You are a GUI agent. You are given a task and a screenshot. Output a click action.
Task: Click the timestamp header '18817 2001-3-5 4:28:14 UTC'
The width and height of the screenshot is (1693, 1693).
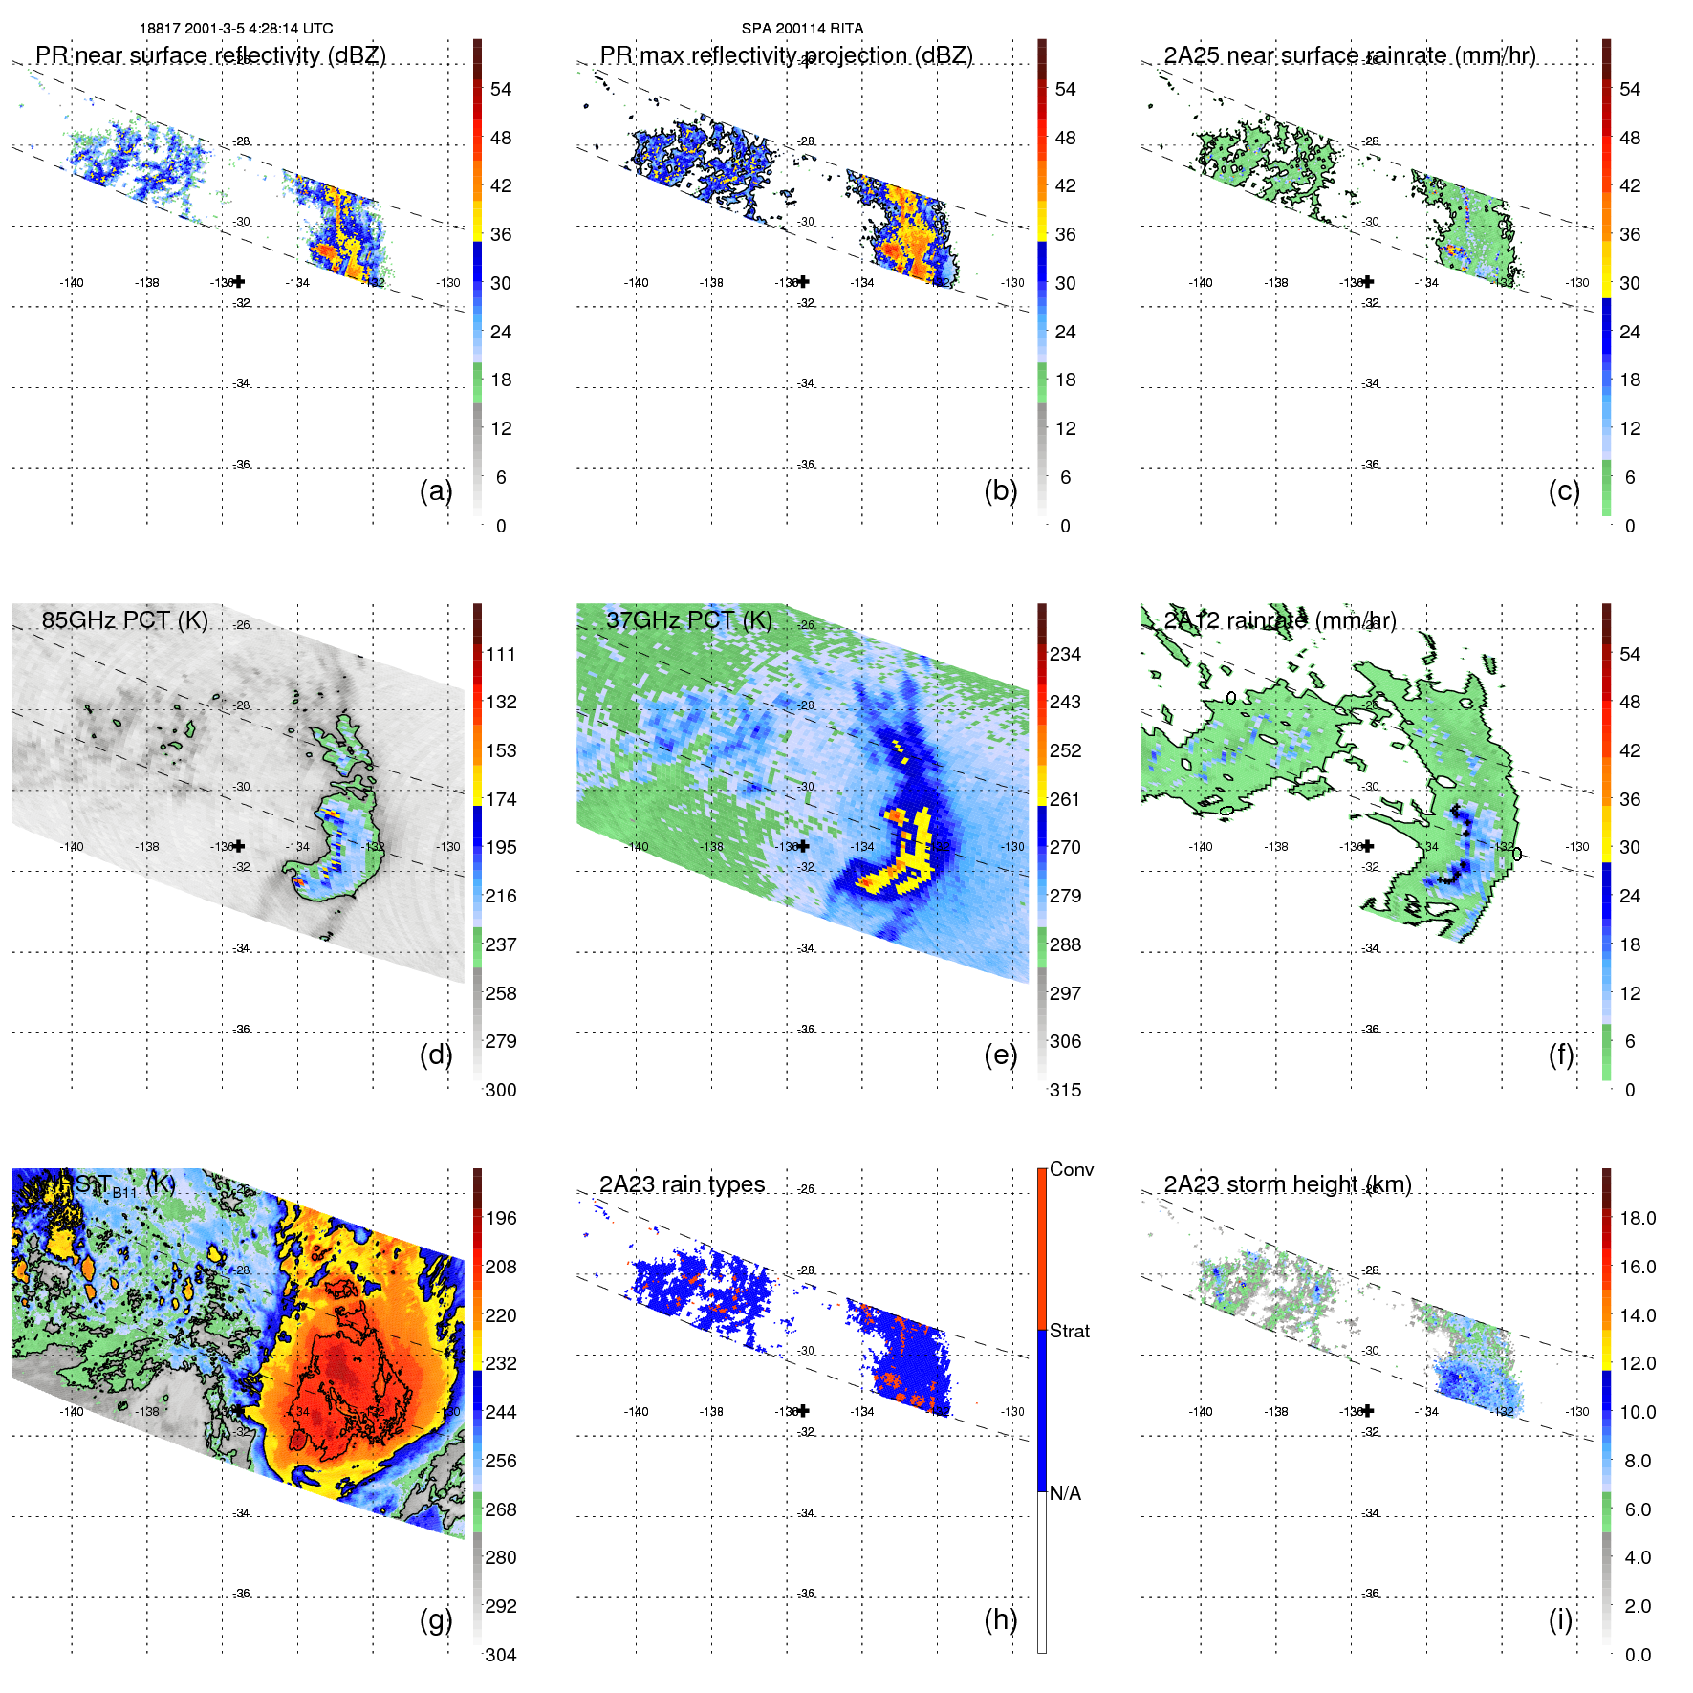coord(236,29)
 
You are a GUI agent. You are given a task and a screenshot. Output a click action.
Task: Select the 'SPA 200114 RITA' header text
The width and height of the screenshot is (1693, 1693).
coord(802,29)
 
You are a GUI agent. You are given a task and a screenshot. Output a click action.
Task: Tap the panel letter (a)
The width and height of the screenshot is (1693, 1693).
coord(436,490)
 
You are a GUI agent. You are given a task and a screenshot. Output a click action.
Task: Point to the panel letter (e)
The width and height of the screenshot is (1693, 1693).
coord(1000,1054)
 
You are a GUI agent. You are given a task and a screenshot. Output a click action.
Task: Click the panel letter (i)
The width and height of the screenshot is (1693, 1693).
coord(1560,1619)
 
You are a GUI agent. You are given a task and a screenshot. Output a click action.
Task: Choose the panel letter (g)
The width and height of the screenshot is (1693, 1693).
coord(436,1619)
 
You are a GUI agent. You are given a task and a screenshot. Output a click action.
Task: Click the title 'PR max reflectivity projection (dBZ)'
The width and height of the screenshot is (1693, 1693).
coord(786,55)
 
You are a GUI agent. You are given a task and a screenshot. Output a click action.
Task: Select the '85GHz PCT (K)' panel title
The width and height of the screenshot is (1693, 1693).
coord(124,619)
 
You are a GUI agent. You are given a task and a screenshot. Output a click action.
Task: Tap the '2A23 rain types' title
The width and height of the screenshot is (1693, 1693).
coord(682,1184)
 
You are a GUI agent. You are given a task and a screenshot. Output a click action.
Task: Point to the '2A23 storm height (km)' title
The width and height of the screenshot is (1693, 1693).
coord(1287,1184)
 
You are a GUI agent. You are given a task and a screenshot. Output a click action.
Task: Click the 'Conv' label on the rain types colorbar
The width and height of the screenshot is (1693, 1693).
coord(1071,1169)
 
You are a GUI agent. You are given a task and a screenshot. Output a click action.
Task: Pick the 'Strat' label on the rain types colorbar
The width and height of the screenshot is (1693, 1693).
coord(1069,1331)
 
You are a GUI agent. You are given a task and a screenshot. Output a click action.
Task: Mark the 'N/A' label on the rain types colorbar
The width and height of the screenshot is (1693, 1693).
coord(1065,1493)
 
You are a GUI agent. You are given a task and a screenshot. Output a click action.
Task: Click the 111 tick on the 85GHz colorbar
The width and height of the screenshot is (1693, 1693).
coord(501,654)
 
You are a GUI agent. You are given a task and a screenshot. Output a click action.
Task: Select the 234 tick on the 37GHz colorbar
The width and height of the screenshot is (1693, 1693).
coord(1065,654)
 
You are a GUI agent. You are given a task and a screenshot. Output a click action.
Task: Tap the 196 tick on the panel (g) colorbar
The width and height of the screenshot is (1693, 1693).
coord(501,1218)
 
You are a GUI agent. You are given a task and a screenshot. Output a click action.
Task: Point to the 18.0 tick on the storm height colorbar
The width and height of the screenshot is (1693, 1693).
coord(1637,1218)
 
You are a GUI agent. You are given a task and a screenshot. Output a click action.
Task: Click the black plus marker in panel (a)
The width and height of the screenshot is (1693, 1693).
coord(239,281)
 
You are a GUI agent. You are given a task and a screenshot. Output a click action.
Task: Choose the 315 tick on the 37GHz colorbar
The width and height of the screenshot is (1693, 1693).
coord(1065,1090)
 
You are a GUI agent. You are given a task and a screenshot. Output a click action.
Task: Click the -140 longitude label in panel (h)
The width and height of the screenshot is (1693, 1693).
coord(636,1411)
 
